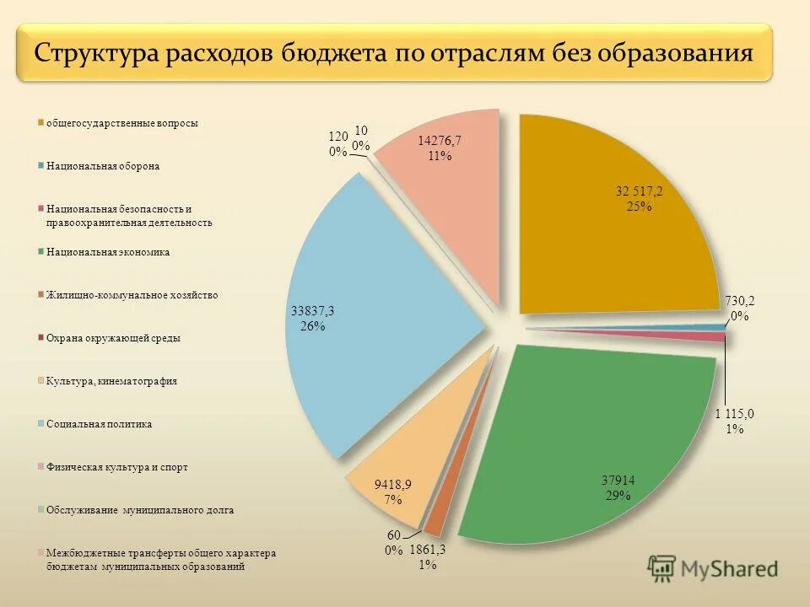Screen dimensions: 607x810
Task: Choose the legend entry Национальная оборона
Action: tap(102, 166)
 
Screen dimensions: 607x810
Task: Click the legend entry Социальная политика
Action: tap(99, 424)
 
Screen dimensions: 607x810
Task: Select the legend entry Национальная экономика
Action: tap(107, 251)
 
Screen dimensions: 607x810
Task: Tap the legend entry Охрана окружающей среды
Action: tap(113, 338)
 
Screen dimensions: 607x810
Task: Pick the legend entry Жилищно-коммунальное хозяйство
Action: tap(132, 295)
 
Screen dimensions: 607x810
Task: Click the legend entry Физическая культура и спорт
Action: tap(116, 467)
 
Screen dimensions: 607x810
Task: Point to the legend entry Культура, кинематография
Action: tap(111, 381)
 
